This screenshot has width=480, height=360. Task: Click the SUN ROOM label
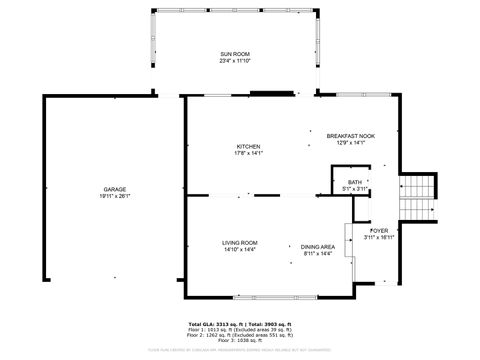pos(235,53)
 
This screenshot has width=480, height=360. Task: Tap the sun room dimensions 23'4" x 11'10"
pos(235,60)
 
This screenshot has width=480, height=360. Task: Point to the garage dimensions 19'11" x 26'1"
pos(115,196)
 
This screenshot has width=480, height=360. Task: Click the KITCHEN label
pos(248,146)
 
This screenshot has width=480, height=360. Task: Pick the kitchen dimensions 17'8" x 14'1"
pos(248,153)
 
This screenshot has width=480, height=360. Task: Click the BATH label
pos(355,182)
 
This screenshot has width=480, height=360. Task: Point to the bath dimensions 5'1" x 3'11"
pos(355,189)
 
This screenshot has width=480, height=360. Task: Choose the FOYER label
pos(379,230)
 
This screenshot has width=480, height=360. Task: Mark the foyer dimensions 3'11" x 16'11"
pos(379,238)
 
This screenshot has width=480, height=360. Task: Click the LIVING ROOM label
pos(240,243)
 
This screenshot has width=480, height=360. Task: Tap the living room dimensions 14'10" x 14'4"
pos(240,250)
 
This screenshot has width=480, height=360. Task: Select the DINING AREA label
pos(319,246)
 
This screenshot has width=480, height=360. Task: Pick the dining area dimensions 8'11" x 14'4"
pos(319,253)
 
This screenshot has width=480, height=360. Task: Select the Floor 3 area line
pos(240,342)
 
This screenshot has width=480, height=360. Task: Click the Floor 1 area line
pos(240,331)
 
